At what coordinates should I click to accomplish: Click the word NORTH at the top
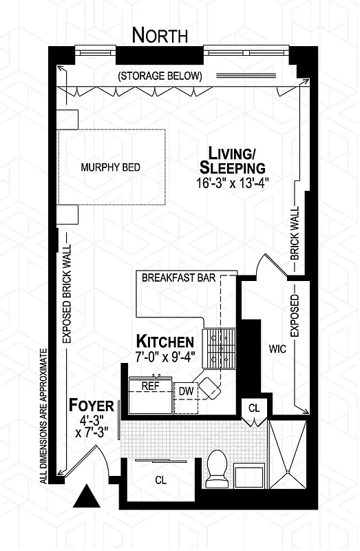click(x=159, y=35)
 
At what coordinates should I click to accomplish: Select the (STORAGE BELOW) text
click(x=160, y=75)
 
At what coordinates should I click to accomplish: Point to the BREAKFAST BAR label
click(x=178, y=278)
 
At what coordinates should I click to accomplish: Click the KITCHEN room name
click(x=165, y=341)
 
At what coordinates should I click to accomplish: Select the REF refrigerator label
click(x=150, y=386)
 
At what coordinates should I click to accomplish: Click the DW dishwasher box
click(x=184, y=391)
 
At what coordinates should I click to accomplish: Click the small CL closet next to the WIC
click(x=254, y=408)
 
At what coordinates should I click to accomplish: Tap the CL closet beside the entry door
click(x=160, y=479)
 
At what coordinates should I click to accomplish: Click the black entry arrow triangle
click(x=87, y=496)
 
